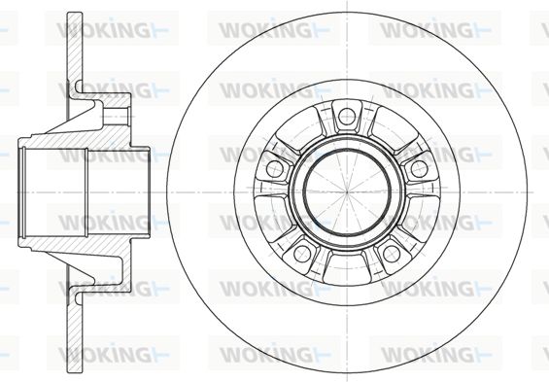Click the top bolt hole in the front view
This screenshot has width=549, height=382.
click(x=347, y=117)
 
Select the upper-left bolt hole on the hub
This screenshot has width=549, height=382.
click(x=275, y=169)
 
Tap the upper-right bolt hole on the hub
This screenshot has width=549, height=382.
click(x=419, y=169)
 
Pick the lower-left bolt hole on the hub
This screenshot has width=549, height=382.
click(x=302, y=253)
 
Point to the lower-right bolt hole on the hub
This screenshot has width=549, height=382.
click(x=392, y=253)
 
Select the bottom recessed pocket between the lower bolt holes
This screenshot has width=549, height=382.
click(x=347, y=269)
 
